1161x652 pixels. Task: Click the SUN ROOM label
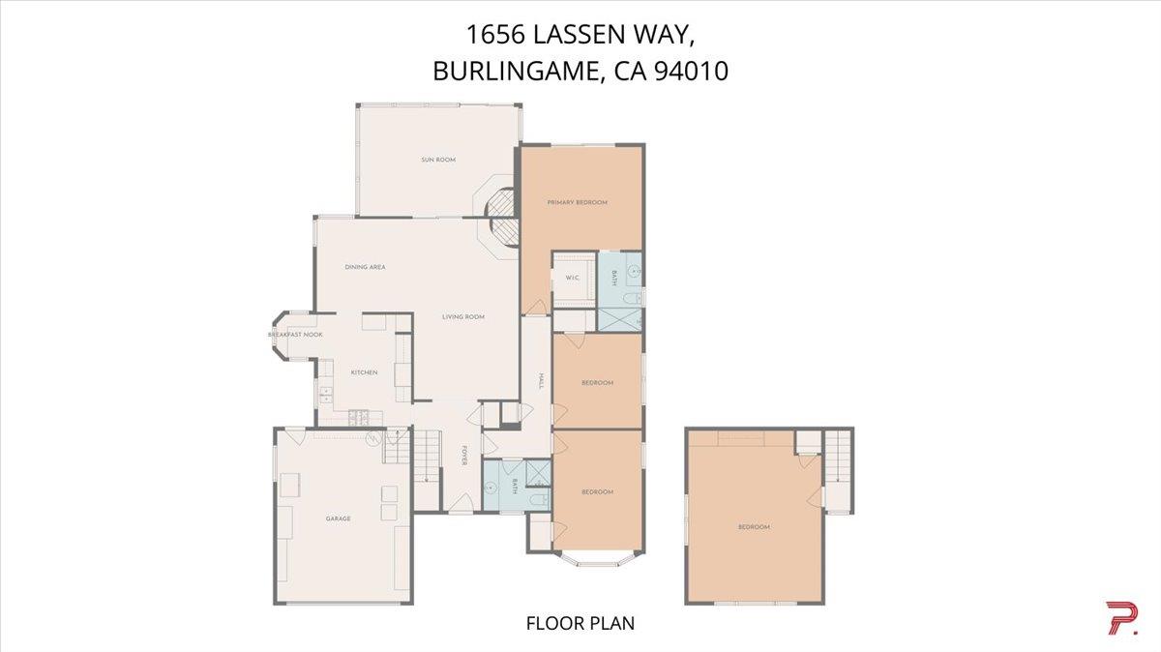pos(437,160)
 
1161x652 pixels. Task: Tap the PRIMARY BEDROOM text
pos(577,202)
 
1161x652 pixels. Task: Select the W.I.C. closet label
pos(572,279)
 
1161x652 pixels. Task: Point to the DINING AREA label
pos(366,267)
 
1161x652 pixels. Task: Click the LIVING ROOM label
pos(463,317)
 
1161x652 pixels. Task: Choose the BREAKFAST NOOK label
pos(295,335)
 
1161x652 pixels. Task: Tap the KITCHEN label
pos(364,372)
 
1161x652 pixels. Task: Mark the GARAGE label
pos(338,519)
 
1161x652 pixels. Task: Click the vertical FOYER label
pos(464,455)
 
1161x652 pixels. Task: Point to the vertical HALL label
pos(538,382)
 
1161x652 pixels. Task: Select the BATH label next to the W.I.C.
pos(615,278)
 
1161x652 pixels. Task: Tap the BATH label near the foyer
pos(516,486)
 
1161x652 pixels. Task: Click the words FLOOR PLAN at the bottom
pos(580,623)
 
